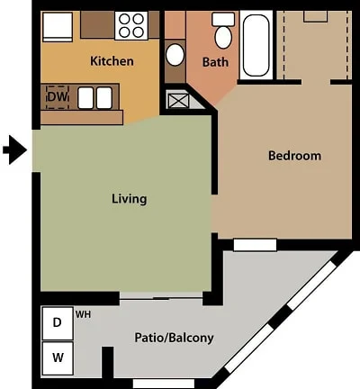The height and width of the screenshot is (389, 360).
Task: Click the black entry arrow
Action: click(x=15, y=149)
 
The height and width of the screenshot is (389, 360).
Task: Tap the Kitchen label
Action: click(x=112, y=61)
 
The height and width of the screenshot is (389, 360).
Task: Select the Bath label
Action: click(x=215, y=62)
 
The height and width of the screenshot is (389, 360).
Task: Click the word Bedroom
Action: click(x=294, y=156)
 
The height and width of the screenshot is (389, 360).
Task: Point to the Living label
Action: click(x=130, y=199)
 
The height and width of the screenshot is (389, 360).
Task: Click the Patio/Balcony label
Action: click(x=174, y=338)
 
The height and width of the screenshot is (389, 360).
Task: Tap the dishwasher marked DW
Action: click(x=58, y=97)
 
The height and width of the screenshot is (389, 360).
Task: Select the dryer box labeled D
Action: click(x=58, y=323)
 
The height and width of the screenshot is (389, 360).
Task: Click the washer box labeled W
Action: click(x=58, y=358)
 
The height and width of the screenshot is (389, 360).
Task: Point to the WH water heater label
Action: click(x=83, y=314)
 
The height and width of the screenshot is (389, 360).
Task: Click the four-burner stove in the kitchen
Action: click(x=131, y=25)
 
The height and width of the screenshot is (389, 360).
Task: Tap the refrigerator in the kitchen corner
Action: click(x=58, y=27)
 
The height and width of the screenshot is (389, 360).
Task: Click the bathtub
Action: click(x=256, y=45)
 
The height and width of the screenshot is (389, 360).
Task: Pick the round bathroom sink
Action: click(x=175, y=55)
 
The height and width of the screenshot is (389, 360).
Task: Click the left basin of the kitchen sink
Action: click(x=85, y=98)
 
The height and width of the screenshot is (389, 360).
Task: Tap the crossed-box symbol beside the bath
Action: click(x=178, y=101)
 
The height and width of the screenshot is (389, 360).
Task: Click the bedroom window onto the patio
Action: click(x=255, y=245)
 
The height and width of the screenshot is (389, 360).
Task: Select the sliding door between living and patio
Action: click(x=161, y=295)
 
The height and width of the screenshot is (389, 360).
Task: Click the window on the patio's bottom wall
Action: click(x=164, y=384)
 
